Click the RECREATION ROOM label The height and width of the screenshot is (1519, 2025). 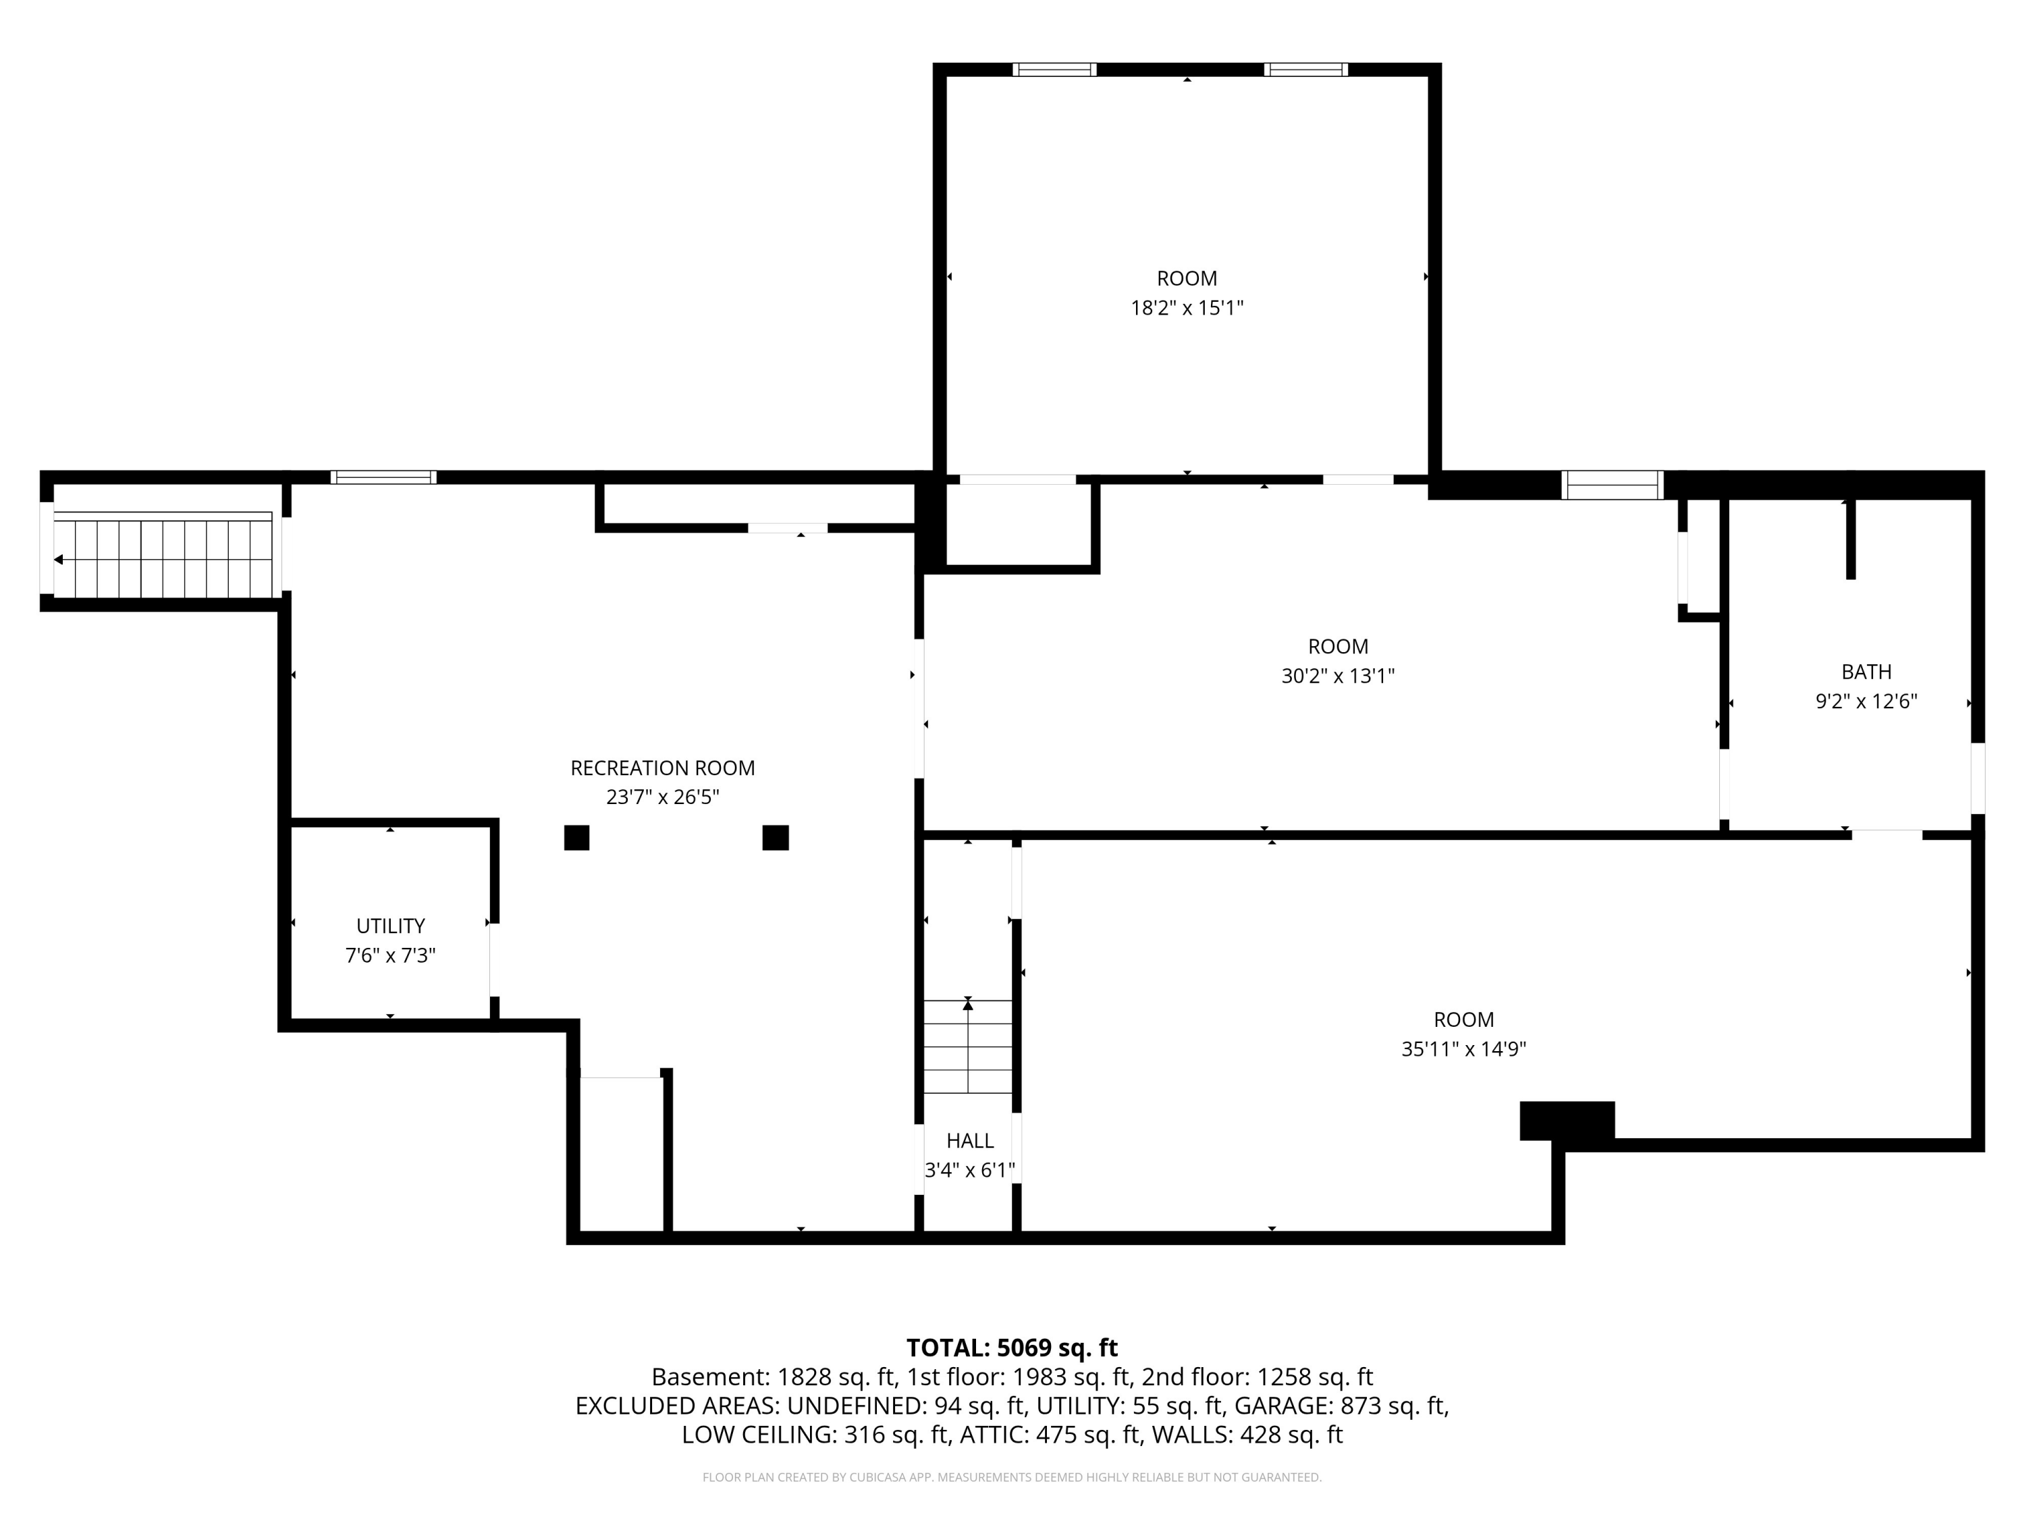click(663, 768)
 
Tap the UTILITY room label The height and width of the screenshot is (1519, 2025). click(391, 926)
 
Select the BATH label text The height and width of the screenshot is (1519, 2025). click(1866, 672)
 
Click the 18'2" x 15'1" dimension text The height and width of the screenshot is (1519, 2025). click(1187, 308)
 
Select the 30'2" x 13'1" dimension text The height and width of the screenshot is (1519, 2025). click(1339, 676)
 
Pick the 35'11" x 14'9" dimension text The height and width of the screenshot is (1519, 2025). click(1464, 1049)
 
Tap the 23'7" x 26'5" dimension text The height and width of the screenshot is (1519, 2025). click(663, 797)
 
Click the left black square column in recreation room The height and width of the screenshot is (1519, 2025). click(576, 838)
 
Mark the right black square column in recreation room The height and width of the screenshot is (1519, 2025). click(776, 838)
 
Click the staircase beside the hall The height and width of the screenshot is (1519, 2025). click(968, 1046)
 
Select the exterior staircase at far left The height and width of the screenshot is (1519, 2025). click(163, 555)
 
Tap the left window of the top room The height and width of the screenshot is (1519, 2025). click(1054, 70)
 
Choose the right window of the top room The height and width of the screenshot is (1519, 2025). click(1306, 70)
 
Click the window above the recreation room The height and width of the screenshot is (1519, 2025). click(383, 477)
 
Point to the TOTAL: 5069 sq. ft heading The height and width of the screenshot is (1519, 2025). click(1012, 1348)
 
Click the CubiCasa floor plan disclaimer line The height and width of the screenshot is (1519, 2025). click(1012, 1477)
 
